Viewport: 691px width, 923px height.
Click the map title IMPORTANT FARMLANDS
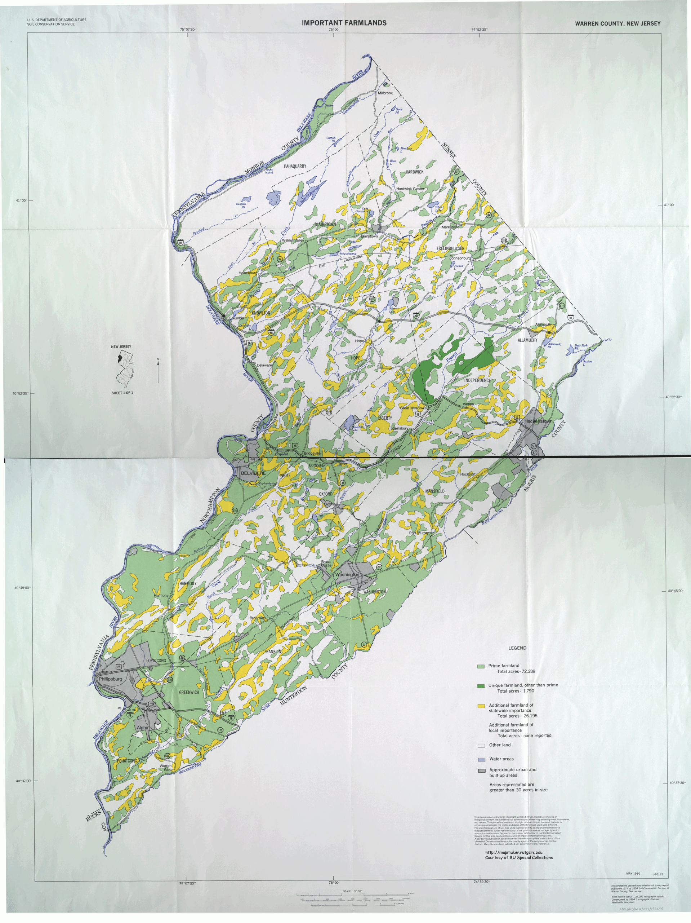[x=344, y=23]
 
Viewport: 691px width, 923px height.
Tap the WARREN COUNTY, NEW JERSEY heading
[x=618, y=24]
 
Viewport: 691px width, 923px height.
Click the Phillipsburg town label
[x=110, y=679]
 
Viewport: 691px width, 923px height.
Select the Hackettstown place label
[x=538, y=421]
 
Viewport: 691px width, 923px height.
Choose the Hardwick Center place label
[x=410, y=189]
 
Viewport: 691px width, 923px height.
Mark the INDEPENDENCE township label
[x=477, y=380]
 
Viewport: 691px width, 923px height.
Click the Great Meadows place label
[x=413, y=408]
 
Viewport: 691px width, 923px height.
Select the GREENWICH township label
[x=189, y=692]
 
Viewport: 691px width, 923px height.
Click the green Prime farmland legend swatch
[x=481, y=666]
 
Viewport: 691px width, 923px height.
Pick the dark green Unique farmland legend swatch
[x=481, y=686]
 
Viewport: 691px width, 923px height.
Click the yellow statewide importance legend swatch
[x=481, y=706]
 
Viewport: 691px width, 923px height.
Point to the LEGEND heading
[x=517, y=648]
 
